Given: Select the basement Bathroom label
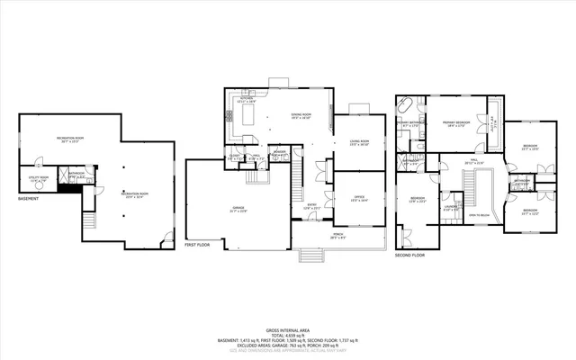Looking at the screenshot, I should click(76, 175).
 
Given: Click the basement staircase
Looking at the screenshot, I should click(88, 222).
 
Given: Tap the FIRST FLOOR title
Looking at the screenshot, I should click(196, 245).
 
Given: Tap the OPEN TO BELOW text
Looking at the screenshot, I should click(479, 216).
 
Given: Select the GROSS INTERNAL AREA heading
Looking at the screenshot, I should click(287, 328).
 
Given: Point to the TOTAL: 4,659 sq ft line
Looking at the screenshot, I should click(287, 334).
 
